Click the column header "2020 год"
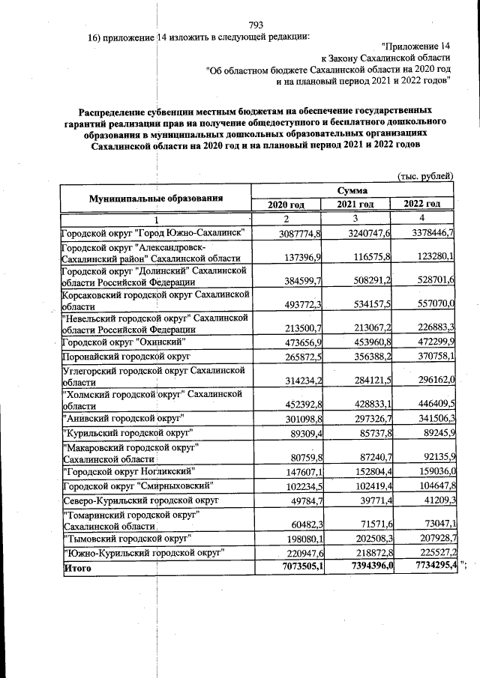286,205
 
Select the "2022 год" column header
422,205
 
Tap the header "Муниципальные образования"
156,198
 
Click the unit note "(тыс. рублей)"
424,177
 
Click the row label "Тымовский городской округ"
128,538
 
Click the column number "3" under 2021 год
354,218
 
